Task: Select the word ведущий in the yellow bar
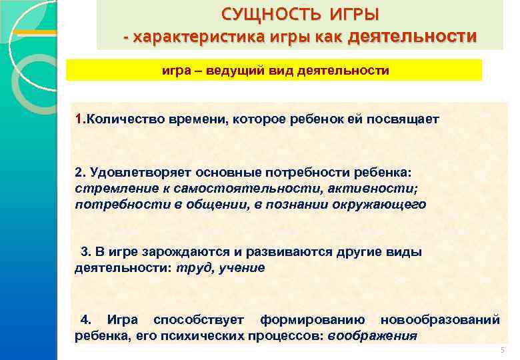[232, 70]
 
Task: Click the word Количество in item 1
[119, 119]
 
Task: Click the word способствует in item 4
[199, 320]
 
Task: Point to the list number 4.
[85, 320]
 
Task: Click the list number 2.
[79, 173]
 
